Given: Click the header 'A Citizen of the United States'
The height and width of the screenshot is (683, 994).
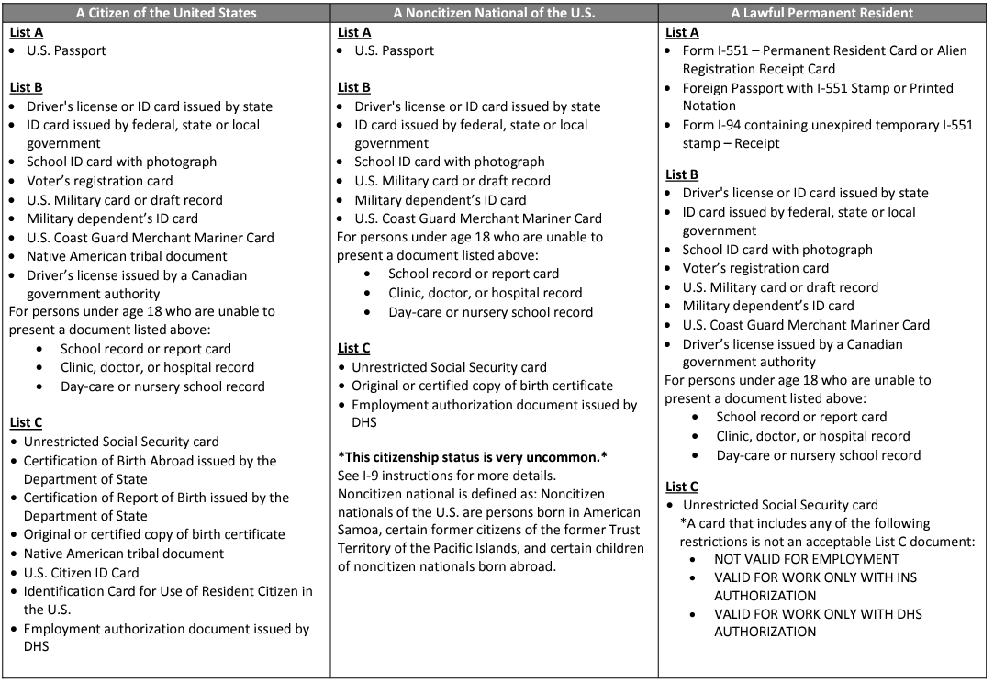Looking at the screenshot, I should click(166, 13).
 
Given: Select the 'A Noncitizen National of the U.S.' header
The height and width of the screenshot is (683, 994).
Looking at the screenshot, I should click(494, 13).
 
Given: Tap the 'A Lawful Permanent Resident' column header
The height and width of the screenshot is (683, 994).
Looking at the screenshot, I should click(822, 13).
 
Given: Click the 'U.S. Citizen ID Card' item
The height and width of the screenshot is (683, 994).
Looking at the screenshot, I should click(81, 573).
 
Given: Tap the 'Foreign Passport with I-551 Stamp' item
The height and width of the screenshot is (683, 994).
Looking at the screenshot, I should click(818, 88).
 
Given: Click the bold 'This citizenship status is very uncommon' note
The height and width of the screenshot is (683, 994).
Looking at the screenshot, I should click(473, 457).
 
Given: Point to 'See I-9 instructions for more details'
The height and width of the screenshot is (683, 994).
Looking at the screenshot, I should click(447, 476).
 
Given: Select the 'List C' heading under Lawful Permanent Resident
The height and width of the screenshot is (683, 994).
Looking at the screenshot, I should click(681, 487).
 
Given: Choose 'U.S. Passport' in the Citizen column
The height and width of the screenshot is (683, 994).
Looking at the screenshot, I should click(66, 50).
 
